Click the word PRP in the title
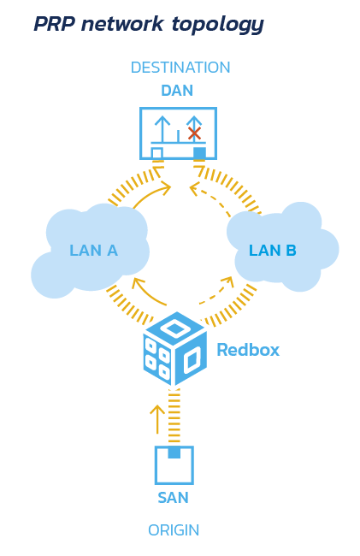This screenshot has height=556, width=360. [x=55, y=24]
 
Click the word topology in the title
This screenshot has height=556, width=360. [x=218, y=25]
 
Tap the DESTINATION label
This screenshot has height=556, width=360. [x=180, y=68]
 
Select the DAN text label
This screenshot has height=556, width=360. [x=177, y=91]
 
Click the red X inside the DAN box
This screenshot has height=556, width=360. [x=194, y=133]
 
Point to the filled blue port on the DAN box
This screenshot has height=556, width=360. [x=199, y=153]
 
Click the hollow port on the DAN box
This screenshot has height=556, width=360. [x=157, y=153]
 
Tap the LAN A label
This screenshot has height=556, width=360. [x=93, y=251]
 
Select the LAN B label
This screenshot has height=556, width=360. [x=273, y=251]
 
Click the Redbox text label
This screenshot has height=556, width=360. [x=248, y=350]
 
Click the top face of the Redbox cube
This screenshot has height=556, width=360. [x=175, y=328]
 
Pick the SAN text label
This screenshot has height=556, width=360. [x=173, y=498]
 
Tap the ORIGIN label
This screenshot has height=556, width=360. [x=174, y=530]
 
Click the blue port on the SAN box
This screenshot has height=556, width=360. [x=174, y=452]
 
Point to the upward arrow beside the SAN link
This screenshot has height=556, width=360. [x=157, y=419]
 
